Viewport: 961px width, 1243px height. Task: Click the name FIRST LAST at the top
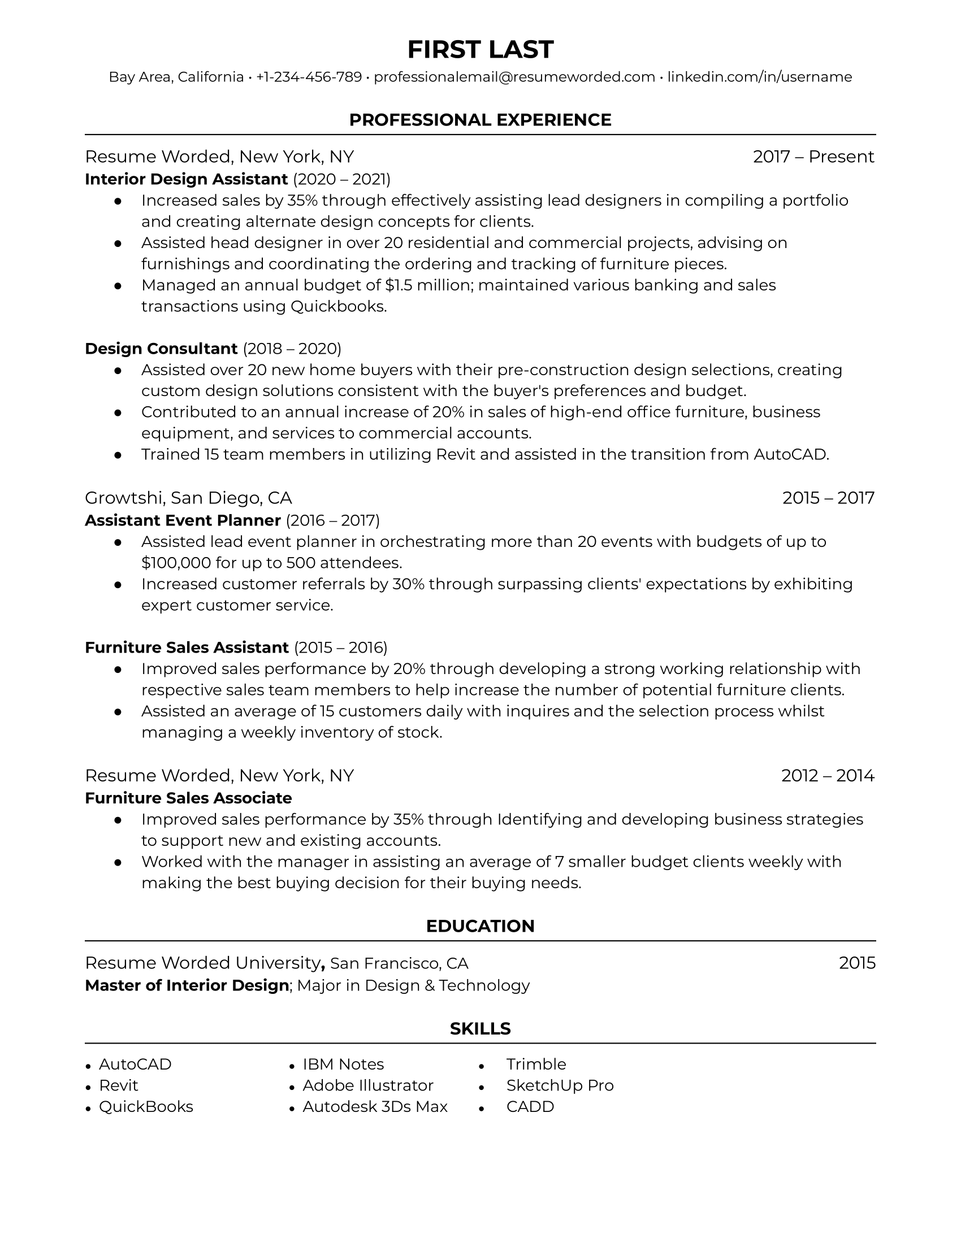[480, 50]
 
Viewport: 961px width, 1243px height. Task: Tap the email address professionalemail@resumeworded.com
[514, 77]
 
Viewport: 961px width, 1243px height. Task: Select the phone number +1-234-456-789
[309, 77]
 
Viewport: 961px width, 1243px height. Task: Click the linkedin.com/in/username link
[759, 77]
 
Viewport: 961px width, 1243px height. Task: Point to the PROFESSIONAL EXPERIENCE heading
[480, 120]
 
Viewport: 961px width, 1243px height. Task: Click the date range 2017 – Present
[813, 157]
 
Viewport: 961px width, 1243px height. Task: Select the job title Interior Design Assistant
[186, 179]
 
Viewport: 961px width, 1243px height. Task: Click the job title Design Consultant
[161, 348]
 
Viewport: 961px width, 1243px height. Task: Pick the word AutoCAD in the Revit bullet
[790, 454]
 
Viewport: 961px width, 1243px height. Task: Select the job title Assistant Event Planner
[183, 520]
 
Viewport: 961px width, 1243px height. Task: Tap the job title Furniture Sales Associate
[188, 798]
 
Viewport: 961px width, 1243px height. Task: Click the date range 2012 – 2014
[827, 775]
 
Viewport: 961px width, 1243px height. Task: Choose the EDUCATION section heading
[480, 926]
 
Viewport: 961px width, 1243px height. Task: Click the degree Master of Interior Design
[187, 985]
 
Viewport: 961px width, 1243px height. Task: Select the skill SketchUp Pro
[560, 1085]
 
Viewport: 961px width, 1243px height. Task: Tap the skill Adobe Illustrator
[368, 1085]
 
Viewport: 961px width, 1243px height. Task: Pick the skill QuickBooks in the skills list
[146, 1106]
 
